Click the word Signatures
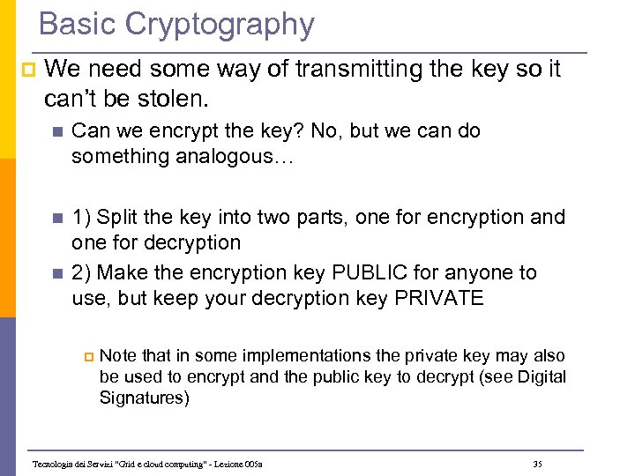pyautogui.click(x=144, y=398)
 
